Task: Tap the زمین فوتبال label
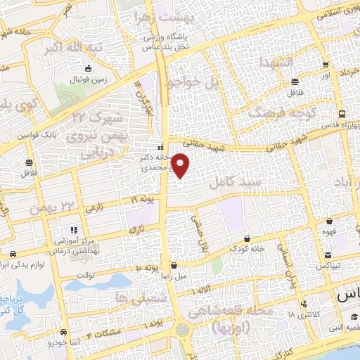(88, 79)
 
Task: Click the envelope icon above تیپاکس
(328, 255)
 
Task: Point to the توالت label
(85, 275)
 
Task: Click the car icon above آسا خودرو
(64, 332)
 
